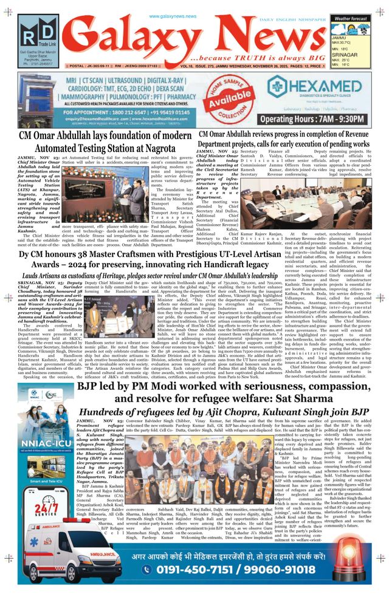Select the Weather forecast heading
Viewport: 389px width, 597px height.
click(349, 19)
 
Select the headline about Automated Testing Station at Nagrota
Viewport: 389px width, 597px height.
click(106, 141)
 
